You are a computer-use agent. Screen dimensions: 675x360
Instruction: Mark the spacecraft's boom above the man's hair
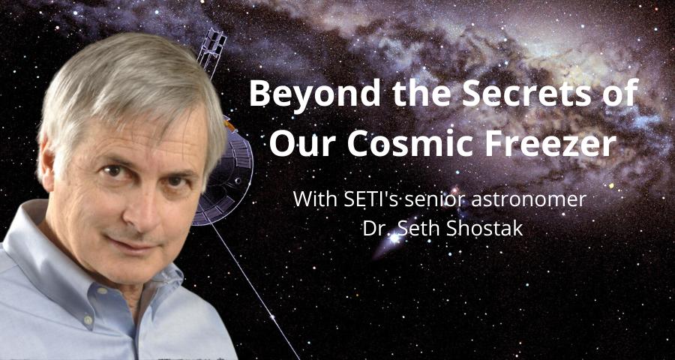[x=211, y=52]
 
